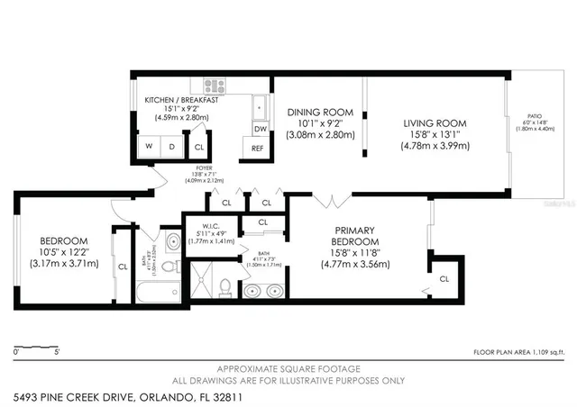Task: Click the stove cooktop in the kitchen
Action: coord(214,87)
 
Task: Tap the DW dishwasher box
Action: coord(259,128)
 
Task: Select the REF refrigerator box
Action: coord(258,149)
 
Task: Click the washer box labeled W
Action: coord(147,146)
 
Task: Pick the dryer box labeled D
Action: coord(171,146)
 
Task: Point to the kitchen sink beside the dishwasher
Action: coord(260,105)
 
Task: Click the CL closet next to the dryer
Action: coord(198,146)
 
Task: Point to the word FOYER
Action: coord(202,167)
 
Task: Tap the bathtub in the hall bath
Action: coord(158,290)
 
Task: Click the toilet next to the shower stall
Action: coord(224,286)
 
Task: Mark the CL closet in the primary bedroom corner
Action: coord(444,279)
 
